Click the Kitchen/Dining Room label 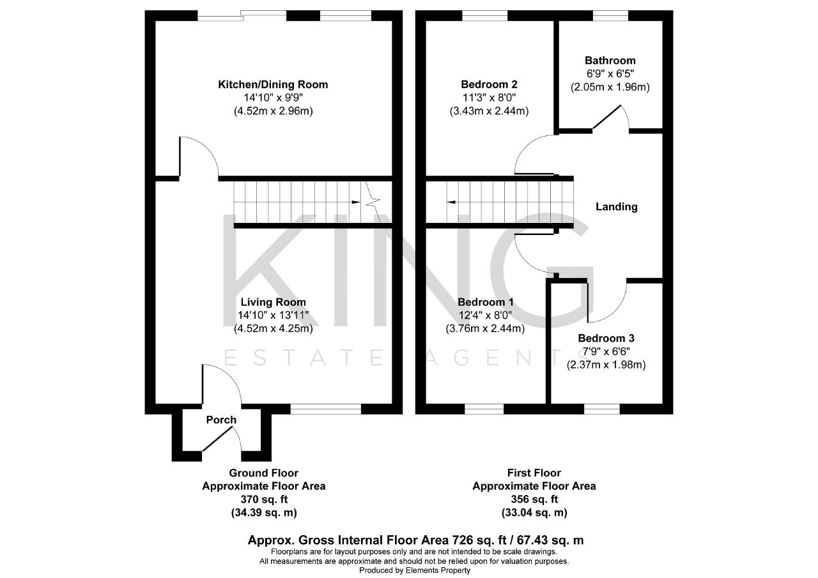tap(273, 85)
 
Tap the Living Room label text tap(273, 302)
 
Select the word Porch tap(221, 420)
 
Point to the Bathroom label tap(610, 60)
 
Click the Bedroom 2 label tap(489, 84)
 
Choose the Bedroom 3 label tap(606, 338)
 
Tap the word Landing tap(617, 207)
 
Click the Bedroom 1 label tap(485, 302)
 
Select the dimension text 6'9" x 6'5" tap(610, 73)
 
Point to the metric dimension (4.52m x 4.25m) tap(273, 328)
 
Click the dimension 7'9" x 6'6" tap(606, 351)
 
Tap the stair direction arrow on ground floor tap(355, 202)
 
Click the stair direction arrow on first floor tap(451, 202)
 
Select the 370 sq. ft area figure tap(264, 499)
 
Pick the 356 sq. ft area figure tap(534, 499)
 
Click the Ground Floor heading tap(264, 473)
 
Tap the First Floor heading tap(534, 473)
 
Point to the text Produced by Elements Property tap(415, 570)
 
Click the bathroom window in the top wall tap(610, 16)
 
